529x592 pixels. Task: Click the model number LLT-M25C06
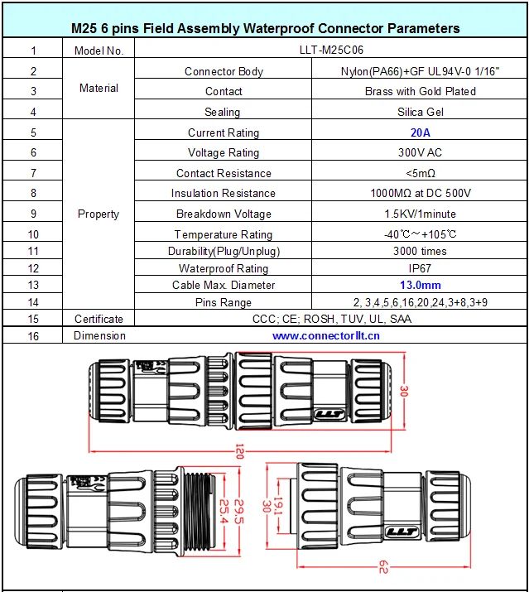[331, 50]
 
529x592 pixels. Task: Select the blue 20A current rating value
[421, 132]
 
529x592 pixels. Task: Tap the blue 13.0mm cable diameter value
[421, 285]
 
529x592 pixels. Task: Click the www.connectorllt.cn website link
[326, 335]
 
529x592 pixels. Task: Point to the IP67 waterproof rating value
[420, 268]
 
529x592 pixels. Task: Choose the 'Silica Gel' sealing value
[421, 112]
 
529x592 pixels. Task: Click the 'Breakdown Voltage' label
[224, 214]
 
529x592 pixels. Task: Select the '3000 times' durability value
[420, 251]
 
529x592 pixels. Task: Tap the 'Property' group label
[99, 214]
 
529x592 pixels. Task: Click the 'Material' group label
[99, 88]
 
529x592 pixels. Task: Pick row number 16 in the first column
[33, 336]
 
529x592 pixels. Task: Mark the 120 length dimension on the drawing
[239, 451]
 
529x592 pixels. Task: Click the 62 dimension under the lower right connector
[383, 566]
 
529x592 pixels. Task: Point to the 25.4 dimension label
[224, 511]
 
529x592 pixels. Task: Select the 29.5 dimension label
[239, 512]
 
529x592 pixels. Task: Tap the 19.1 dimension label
[278, 505]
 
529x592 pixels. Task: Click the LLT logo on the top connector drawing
[329, 414]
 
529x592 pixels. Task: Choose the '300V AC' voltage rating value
[420, 152]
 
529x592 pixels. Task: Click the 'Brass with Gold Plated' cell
[421, 91]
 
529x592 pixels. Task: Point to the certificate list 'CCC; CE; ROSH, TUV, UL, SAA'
[331, 319]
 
